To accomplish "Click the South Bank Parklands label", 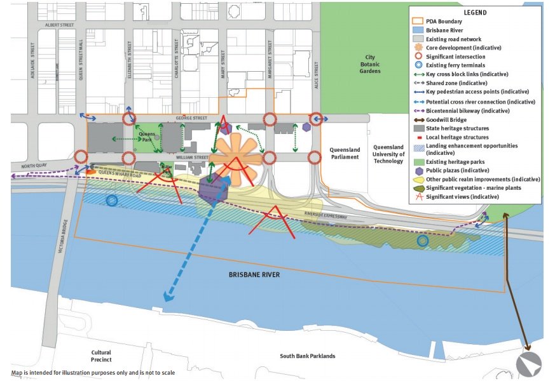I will [x=307, y=356].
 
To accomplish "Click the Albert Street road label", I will [x=60, y=25].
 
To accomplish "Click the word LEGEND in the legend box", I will [x=474, y=13].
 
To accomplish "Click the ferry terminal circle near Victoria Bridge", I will [x=112, y=201].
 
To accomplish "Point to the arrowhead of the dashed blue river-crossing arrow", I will [x=167, y=297].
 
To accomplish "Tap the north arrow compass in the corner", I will [x=529, y=364].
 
